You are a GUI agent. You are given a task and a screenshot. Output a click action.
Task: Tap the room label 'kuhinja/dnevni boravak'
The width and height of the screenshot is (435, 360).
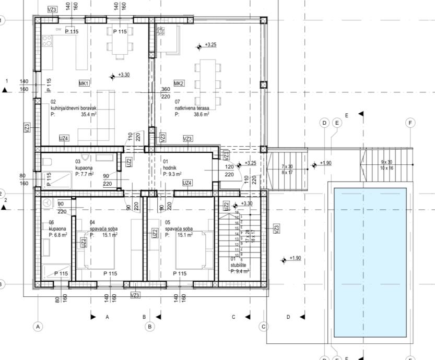pyautogui.click(x=74, y=107)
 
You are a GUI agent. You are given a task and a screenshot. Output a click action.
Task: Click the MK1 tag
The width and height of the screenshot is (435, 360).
pyautogui.click(x=84, y=83)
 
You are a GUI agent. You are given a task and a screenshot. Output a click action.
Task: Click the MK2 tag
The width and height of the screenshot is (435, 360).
pyautogui.click(x=179, y=83)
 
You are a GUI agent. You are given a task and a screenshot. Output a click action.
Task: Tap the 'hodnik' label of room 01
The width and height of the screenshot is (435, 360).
pyautogui.click(x=170, y=167)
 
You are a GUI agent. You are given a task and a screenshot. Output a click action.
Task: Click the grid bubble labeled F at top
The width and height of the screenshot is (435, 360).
pyautogui.click(x=410, y=123)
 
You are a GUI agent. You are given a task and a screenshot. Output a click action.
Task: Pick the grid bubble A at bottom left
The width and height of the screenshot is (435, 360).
pyautogui.click(x=37, y=327)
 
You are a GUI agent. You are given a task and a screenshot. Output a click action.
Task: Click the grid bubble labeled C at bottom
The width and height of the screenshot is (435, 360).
pyautogui.click(x=263, y=327)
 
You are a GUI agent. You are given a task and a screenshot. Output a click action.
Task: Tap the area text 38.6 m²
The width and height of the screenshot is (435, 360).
pyautogui.click(x=201, y=114)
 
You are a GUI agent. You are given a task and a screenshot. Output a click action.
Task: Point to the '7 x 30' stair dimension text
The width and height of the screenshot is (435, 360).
pyautogui.click(x=287, y=166)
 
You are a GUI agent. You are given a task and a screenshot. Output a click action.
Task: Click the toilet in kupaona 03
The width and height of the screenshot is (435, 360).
pyautogui.click(x=46, y=161)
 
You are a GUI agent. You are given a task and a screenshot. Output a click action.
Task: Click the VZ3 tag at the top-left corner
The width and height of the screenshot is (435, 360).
pyautogui.click(x=52, y=9)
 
